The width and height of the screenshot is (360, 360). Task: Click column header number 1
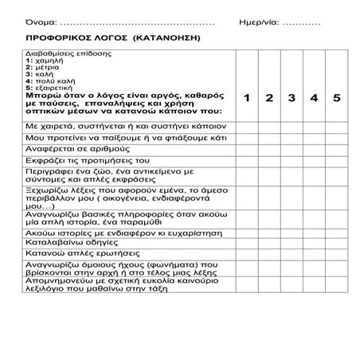pyautogui.click(x=247, y=98)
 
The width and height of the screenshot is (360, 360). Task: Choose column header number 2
pyautogui.click(x=270, y=98)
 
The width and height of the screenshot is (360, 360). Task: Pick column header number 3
pyautogui.click(x=292, y=98)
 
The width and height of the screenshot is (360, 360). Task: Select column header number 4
pyautogui.click(x=314, y=98)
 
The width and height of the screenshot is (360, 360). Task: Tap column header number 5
pyautogui.click(x=337, y=98)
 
